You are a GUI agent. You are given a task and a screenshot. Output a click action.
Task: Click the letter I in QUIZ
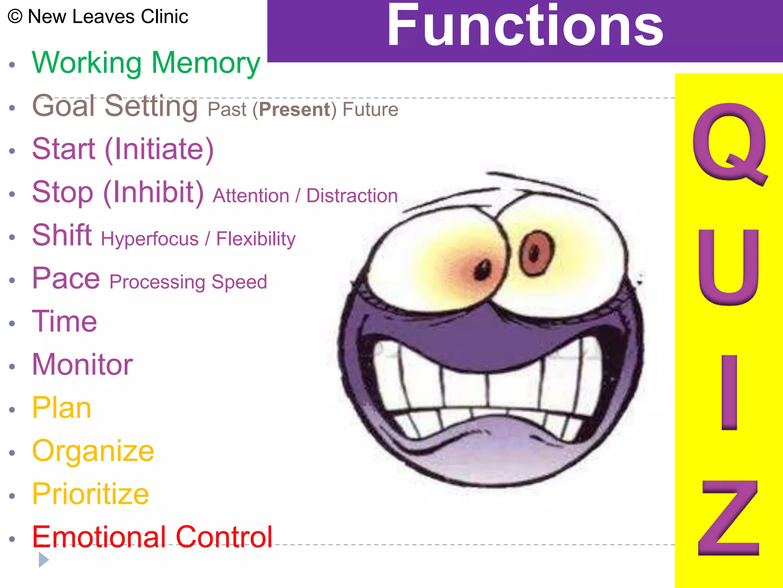(729, 392)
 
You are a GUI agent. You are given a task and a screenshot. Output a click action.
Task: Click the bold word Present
(294, 110)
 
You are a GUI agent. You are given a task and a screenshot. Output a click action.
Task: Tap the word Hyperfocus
(149, 239)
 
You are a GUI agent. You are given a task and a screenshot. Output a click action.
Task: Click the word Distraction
(352, 196)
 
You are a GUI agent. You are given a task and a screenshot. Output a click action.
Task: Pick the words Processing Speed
(188, 283)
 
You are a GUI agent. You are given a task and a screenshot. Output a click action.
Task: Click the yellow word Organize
(93, 451)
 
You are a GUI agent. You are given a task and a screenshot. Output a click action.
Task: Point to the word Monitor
(82, 364)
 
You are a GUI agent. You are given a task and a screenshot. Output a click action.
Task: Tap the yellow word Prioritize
(91, 494)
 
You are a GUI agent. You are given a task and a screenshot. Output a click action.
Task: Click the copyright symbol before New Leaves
(15, 17)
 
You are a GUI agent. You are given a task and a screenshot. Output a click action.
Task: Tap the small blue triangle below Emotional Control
(43, 560)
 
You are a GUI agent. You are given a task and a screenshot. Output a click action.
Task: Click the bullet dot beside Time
(12, 323)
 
